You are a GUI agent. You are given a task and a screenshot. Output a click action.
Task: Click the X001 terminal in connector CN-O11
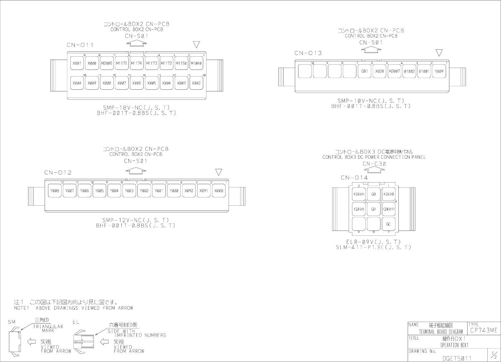coord(77,63)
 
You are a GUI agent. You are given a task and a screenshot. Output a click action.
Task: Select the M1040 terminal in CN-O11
coord(196,63)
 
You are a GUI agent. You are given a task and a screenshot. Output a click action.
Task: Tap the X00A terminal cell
coord(77,83)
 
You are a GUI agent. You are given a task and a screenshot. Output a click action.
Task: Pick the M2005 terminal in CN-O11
coord(107,63)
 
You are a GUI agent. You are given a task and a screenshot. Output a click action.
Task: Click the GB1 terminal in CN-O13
coord(364,71)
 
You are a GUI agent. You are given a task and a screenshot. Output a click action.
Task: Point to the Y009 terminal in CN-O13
coord(439,71)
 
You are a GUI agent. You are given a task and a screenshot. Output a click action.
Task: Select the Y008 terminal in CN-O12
coord(55,191)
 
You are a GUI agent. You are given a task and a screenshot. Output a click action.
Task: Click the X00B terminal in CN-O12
coord(219,191)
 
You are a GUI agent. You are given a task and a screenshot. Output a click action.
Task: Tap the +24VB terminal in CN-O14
coord(388,194)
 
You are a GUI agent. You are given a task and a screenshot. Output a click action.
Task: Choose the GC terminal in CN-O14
coord(388,224)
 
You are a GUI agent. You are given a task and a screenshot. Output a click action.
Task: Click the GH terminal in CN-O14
coord(374,209)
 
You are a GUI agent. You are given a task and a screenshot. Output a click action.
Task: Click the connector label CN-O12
coord(58,173)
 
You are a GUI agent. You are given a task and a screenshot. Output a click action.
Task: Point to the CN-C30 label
coord(374,164)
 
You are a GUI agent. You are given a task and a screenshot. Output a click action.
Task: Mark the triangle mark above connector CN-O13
coord(439,53)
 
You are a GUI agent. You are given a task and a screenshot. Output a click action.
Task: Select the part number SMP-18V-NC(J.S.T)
coord(136,107)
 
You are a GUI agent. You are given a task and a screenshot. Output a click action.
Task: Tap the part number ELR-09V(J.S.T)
coord(373,242)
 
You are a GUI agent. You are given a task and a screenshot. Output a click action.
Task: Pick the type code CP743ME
coord(483,331)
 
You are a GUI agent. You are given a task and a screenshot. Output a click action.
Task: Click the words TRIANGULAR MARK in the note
coord(48,328)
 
